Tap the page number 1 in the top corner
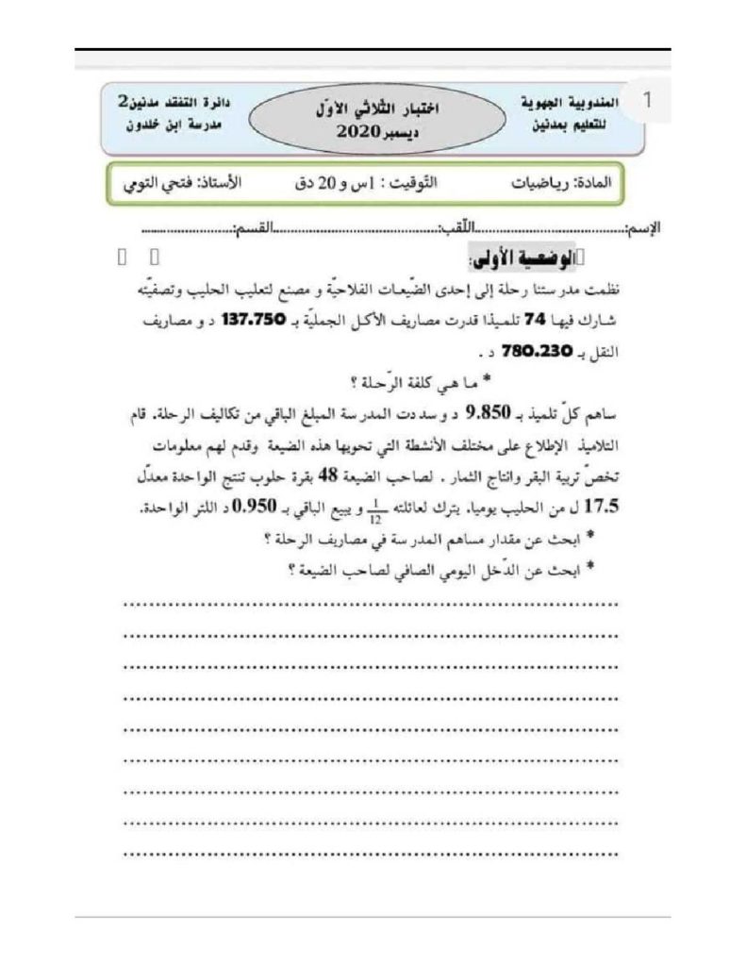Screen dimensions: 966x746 [x=646, y=102]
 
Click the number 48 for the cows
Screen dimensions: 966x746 [x=319, y=476]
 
